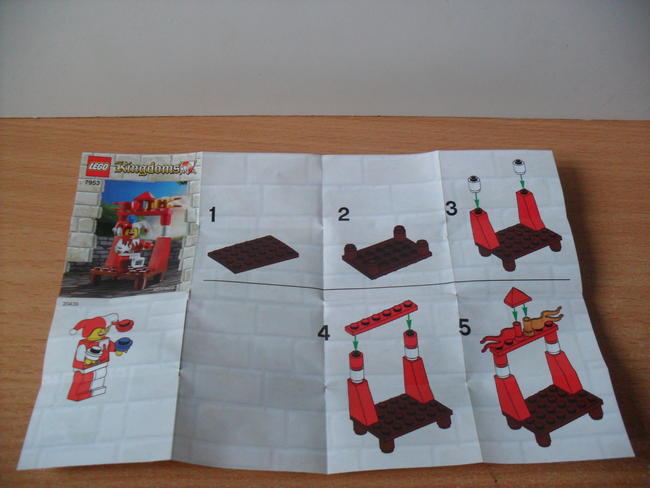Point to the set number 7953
coord(92,183)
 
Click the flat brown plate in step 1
coord(254,254)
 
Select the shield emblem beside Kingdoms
coord(189,168)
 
